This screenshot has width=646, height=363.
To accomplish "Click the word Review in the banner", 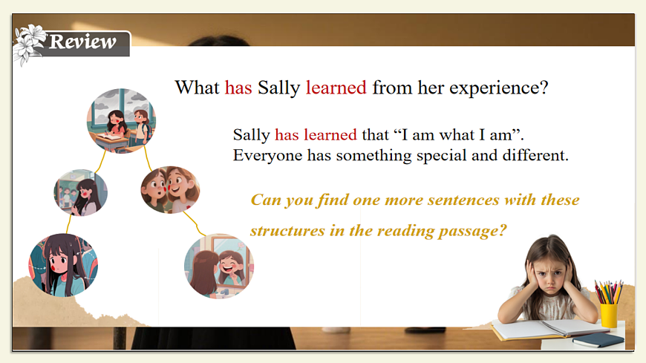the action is pyautogui.click(x=82, y=42).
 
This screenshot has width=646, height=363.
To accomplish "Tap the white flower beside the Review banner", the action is pyautogui.click(x=28, y=44).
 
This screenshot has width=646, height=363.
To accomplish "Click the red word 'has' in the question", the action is pyautogui.click(x=238, y=88).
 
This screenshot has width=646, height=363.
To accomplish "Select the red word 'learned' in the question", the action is pyautogui.click(x=336, y=88).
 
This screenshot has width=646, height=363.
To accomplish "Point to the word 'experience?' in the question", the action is pyautogui.click(x=498, y=88).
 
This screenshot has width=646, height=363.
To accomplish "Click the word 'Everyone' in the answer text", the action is pyautogui.click(x=267, y=156).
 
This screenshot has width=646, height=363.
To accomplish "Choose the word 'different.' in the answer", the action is pyautogui.click(x=535, y=155).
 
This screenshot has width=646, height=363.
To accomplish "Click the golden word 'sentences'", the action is pyautogui.click(x=463, y=200).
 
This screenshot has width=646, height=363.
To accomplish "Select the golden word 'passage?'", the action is pyautogui.click(x=472, y=231).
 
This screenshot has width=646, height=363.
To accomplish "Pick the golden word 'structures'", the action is pyautogui.click(x=287, y=231).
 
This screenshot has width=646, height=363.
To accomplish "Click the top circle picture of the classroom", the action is pyautogui.click(x=121, y=121).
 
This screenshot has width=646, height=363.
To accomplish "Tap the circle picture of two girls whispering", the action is pyautogui.click(x=170, y=190).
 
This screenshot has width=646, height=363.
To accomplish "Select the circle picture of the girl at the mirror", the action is pyautogui.click(x=219, y=266).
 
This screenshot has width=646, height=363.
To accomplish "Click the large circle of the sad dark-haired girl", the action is pyautogui.click(x=63, y=265).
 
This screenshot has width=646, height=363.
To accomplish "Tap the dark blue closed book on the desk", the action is pyautogui.click(x=598, y=340).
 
